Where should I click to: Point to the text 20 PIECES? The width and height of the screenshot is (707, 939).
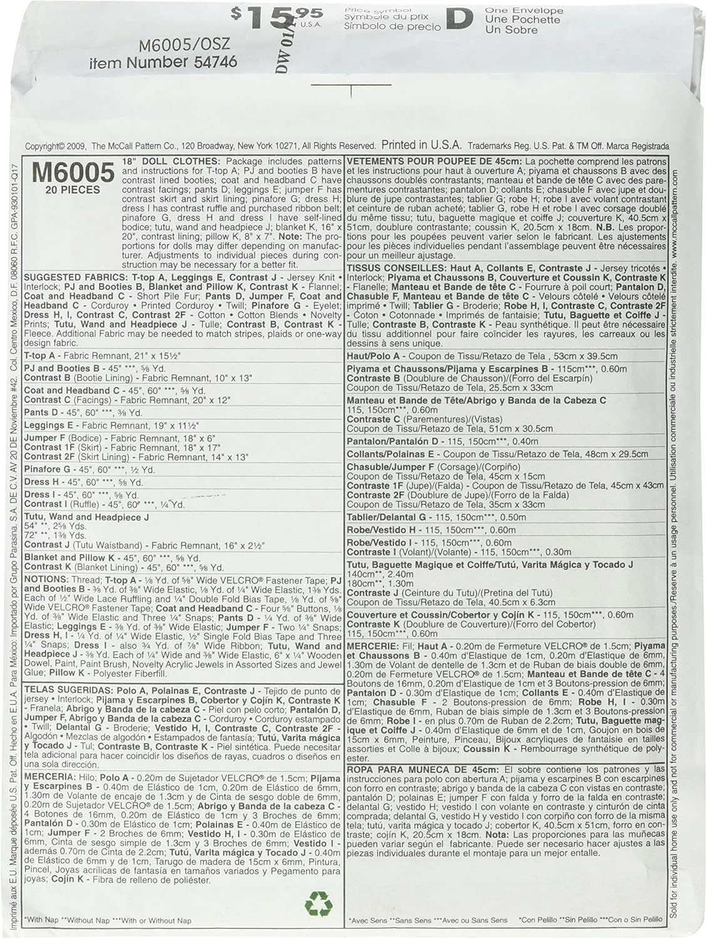pos(73,189)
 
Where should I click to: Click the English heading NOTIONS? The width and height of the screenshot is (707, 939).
pos(46,580)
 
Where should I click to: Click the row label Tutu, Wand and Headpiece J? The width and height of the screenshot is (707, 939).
pos(86,517)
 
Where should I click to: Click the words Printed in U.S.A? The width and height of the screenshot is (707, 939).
pos(422,145)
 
